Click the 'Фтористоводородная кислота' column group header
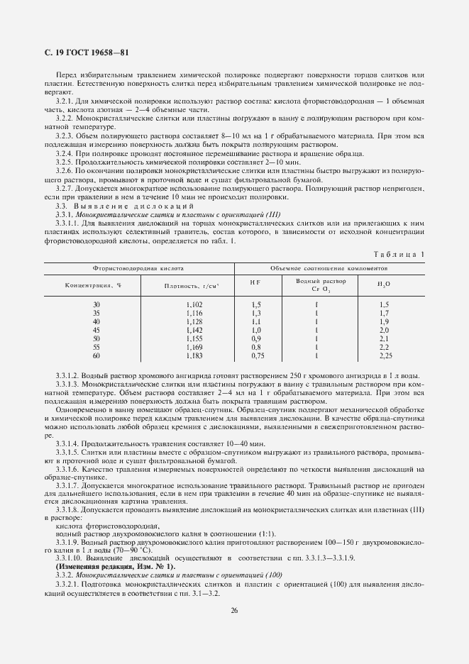pos(138,270)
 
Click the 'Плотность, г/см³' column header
pos(192,285)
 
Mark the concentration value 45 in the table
pos(96,330)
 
